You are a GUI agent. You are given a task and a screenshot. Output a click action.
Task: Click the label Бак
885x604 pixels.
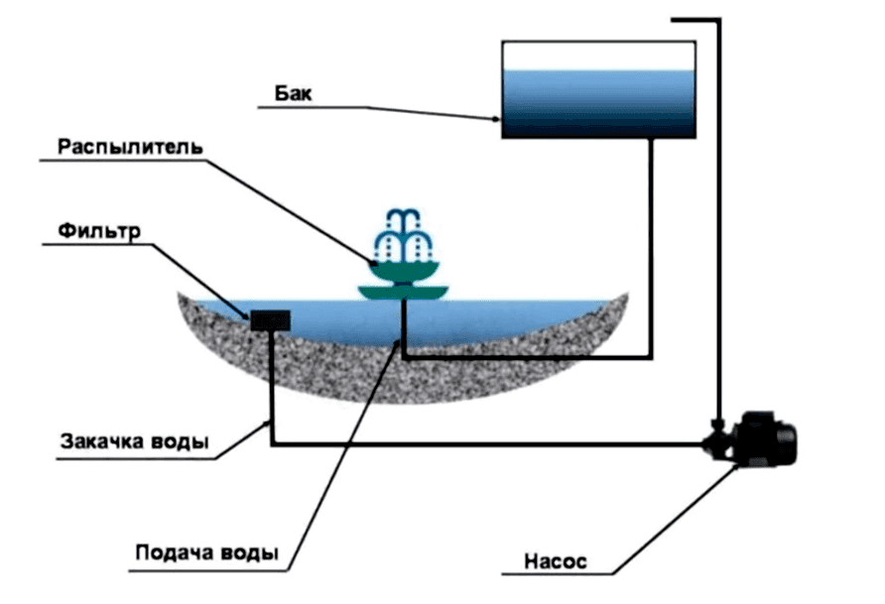(293, 93)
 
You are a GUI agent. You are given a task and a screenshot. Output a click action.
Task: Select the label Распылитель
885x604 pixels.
(130, 147)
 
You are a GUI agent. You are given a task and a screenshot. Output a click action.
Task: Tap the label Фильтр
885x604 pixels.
(99, 231)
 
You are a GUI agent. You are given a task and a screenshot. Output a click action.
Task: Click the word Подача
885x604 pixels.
(175, 552)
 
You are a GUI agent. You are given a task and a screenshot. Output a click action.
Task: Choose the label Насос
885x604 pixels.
(556, 561)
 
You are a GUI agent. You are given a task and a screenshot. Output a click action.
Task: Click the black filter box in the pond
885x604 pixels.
(270, 321)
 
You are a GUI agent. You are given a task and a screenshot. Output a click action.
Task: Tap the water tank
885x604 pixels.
(599, 89)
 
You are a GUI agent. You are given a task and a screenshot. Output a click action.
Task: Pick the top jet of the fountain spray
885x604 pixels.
(403, 217)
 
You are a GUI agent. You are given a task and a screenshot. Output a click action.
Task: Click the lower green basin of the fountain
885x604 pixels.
(403, 293)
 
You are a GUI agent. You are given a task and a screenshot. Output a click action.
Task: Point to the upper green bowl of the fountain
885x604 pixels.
(404, 271)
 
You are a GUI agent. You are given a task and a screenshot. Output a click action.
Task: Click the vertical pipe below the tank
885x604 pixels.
(651, 248)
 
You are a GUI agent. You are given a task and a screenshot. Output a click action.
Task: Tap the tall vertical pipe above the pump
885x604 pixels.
(718, 220)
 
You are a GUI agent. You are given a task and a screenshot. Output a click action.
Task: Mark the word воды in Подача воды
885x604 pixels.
(249, 552)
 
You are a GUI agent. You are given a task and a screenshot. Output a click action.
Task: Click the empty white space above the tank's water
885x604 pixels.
(598, 56)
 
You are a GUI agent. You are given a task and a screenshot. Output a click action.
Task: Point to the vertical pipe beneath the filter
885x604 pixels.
(272, 388)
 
